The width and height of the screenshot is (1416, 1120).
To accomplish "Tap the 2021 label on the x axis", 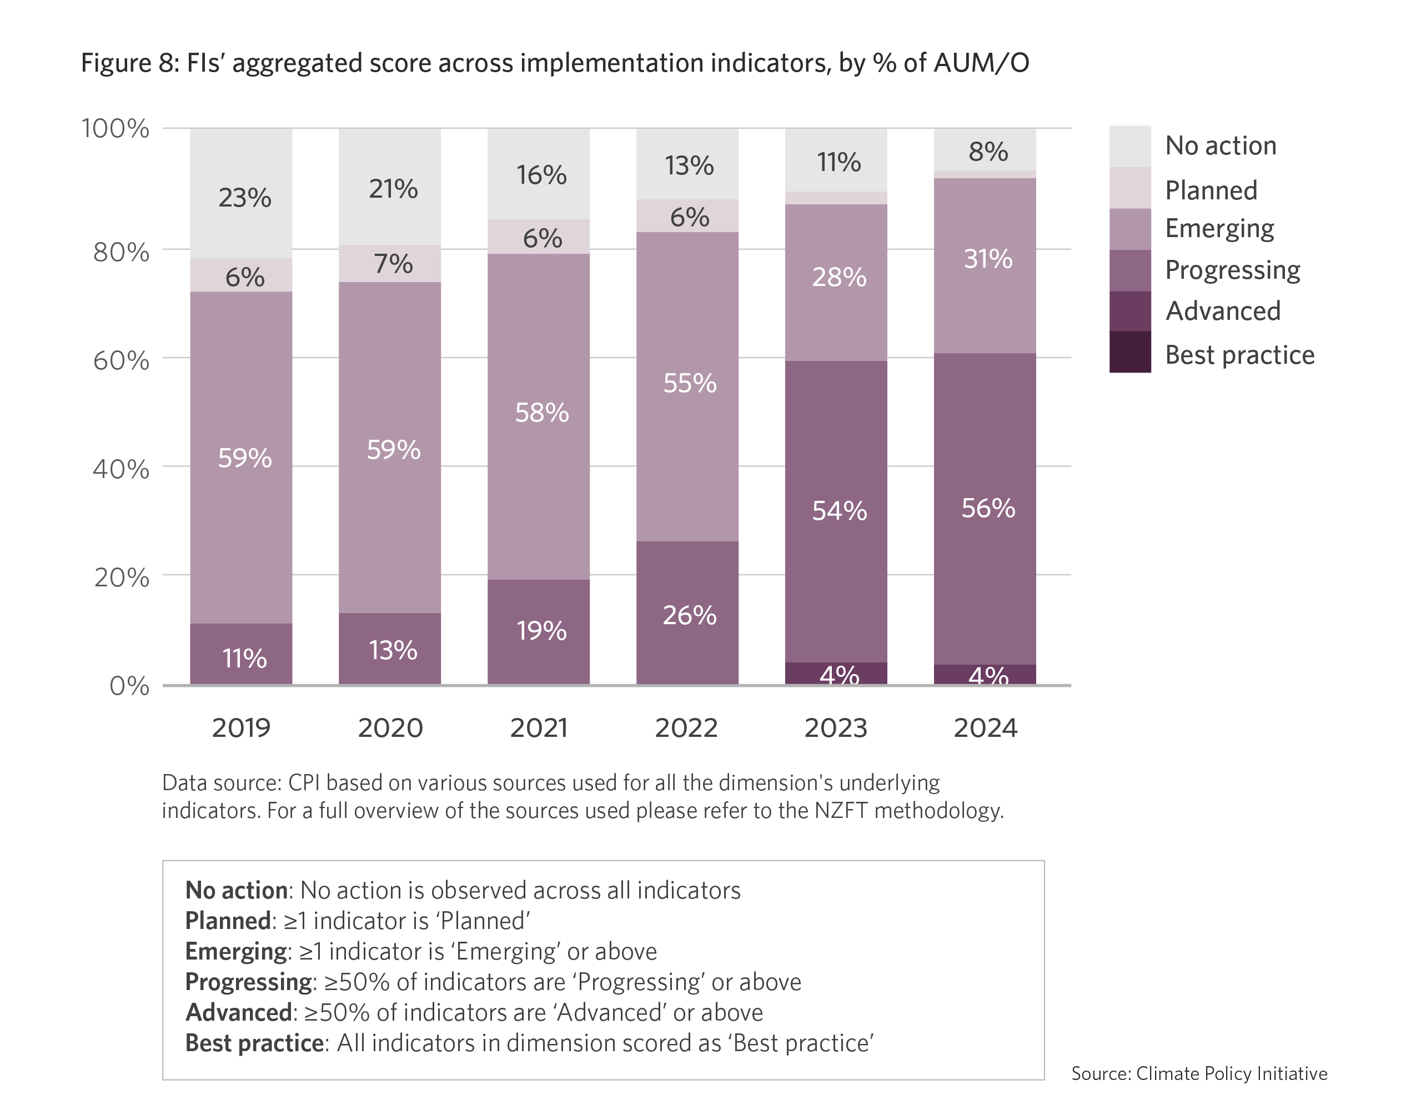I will (539, 728).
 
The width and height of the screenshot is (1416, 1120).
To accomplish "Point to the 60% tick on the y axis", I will (122, 361).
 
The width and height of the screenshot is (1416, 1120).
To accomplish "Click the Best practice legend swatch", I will (1129, 352).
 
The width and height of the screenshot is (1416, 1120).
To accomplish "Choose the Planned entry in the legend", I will (1211, 190).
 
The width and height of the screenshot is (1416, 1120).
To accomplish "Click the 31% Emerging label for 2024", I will (988, 259).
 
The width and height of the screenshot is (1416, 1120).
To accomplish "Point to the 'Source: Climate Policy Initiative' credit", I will (1199, 1073).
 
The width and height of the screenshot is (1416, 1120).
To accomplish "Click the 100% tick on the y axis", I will (116, 128).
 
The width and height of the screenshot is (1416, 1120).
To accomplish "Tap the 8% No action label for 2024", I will (988, 152).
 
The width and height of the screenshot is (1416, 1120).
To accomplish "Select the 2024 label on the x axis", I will (985, 728).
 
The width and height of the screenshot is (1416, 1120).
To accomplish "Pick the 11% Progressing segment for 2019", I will (244, 657).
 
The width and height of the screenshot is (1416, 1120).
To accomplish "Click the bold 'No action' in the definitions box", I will (236, 890).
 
